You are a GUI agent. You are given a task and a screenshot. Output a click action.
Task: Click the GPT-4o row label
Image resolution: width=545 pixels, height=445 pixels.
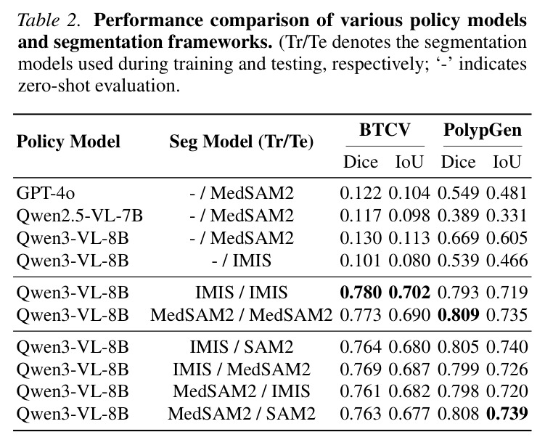(x=46, y=193)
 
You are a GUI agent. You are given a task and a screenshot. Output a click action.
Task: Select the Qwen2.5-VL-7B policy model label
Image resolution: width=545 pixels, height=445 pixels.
(x=80, y=216)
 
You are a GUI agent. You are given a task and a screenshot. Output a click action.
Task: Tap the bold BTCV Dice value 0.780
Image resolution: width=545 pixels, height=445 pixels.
(x=361, y=293)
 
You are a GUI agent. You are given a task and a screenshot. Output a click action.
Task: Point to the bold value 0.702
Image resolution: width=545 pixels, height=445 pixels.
(x=409, y=293)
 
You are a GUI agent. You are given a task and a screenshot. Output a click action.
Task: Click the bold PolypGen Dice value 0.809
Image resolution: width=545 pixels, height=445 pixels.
(x=459, y=315)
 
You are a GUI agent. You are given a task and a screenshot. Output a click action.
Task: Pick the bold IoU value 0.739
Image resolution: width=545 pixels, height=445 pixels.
(x=507, y=414)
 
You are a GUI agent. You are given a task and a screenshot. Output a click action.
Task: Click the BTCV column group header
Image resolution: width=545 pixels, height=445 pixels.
(x=385, y=130)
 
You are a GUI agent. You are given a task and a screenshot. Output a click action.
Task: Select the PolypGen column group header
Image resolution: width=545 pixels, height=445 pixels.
(x=483, y=131)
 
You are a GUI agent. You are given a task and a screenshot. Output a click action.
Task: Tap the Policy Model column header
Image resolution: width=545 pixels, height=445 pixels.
(x=68, y=142)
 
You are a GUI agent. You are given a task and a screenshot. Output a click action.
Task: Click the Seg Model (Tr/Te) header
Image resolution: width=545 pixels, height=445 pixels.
(x=242, y=142)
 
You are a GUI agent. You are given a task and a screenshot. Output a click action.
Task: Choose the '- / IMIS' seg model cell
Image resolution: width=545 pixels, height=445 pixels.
(x=242, y=261)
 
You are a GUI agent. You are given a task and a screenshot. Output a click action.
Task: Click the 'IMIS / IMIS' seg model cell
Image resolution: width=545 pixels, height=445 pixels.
(x=242, y=293)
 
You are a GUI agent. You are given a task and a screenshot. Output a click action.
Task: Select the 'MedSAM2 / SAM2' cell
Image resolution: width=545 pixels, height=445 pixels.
(x=242, y=414)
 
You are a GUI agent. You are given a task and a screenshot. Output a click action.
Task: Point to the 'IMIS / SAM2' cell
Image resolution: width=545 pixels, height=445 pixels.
(x=242, y=347)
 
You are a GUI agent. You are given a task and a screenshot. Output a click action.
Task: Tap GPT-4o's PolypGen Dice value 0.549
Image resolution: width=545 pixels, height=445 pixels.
(x=459, y=193)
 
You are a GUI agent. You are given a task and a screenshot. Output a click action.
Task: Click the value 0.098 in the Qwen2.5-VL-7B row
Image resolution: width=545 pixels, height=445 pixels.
(x=409, y=216)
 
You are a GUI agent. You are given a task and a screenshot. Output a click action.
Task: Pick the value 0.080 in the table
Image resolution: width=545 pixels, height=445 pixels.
(x=409, y=261)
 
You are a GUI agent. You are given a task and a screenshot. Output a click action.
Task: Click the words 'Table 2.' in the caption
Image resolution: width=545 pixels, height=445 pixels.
(x=49, y=20)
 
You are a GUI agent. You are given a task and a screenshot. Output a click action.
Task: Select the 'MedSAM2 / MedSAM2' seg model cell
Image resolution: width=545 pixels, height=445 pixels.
(x=242, y=315)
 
